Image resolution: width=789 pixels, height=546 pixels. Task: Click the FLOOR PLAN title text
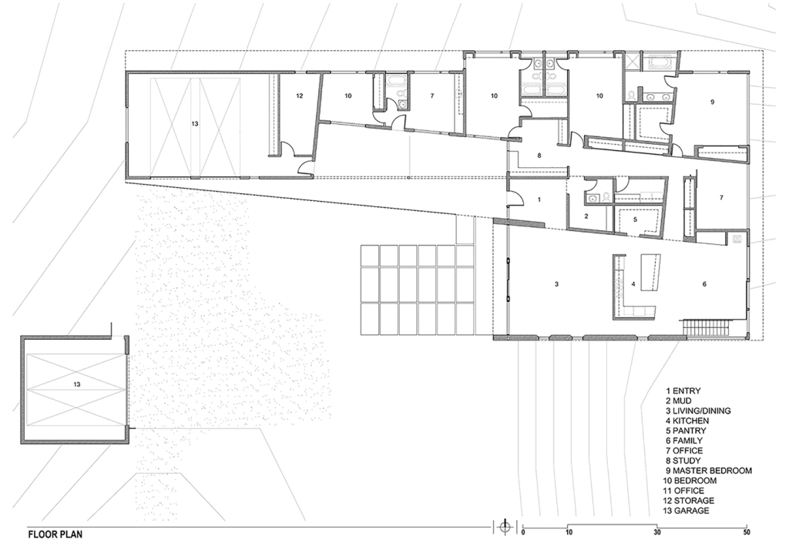pos(55,534)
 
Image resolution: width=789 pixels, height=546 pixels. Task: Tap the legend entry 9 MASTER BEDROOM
pos(709,471)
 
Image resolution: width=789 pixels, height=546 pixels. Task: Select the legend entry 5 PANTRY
pos(687,430)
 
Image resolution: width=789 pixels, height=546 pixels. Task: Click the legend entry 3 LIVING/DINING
pos(698,410)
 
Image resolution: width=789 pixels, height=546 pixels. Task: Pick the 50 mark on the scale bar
pos(747,532)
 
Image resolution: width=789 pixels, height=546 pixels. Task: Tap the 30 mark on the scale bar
pos(658,532)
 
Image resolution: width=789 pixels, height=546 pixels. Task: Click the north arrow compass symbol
pos(505,527)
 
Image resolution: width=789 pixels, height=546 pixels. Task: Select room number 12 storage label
pos(300,95)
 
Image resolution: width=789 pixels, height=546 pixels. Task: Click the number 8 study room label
pos(539,156)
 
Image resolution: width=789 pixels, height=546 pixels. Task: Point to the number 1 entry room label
pos(539,199)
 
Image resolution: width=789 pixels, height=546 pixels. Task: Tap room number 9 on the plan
pos(712,102)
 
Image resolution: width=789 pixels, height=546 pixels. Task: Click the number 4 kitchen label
pos(633,284)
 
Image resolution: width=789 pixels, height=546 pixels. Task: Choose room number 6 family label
pos(704,284)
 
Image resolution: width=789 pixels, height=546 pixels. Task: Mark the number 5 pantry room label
pos(635,219)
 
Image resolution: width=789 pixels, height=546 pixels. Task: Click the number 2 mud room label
pos(586,216)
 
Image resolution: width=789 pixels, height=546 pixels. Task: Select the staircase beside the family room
pos(705,327)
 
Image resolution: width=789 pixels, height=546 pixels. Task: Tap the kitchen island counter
pos(650,272)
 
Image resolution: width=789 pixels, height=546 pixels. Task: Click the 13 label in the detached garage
pos(76,384)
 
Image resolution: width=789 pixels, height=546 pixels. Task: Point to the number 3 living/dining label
pos(556,284)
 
